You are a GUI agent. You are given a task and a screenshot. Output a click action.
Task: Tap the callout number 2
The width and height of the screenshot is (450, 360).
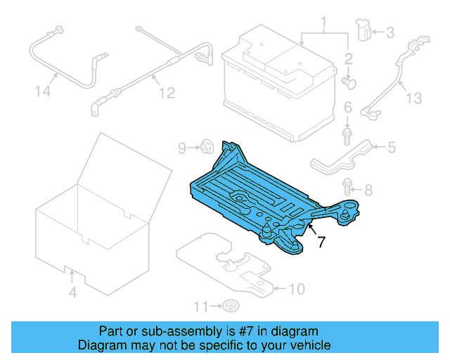[347, 58]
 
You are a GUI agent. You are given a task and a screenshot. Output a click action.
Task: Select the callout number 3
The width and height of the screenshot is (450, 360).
[390, 32]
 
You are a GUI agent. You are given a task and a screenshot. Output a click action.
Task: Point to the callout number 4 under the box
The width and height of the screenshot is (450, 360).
[72, 292]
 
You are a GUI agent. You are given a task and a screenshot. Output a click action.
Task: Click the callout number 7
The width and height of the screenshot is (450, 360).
[321, 243]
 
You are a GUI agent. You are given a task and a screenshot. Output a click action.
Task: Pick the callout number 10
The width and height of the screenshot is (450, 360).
[297, 288]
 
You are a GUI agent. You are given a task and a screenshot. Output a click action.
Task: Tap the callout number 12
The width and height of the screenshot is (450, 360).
[165, 92]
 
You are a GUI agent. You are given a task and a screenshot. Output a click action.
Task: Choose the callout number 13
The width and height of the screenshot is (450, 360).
[413, 98]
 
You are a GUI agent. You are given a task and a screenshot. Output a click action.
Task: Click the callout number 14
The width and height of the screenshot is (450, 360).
[44, 91]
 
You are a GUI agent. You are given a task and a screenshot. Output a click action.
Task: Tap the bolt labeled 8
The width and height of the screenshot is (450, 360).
[347, 187]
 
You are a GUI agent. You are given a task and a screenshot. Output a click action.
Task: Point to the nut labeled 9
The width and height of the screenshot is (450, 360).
[207, 148]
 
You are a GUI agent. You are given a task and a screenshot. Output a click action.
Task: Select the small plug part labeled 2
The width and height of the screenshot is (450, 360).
[348, 83]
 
